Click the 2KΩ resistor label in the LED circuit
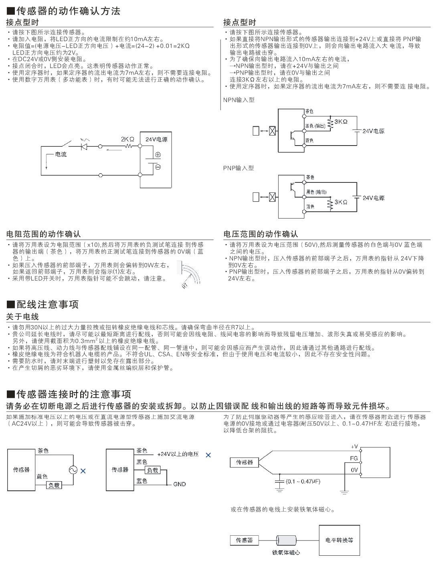point(127,140)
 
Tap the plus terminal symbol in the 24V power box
point(158,154)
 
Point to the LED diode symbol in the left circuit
point(85,147)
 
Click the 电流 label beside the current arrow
point(61,154)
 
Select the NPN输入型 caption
point(239,100)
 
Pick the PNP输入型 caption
point(239,168)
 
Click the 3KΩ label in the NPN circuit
point(341,121)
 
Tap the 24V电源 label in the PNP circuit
point(374,198)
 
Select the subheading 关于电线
point(22,317)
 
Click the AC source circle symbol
point(73,470)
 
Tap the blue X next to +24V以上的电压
point(208,455)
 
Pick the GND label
point(180,484)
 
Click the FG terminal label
point(354,458)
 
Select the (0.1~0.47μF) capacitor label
point(303,481)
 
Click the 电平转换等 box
point(339,540)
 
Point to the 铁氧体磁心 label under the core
point(286,553)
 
